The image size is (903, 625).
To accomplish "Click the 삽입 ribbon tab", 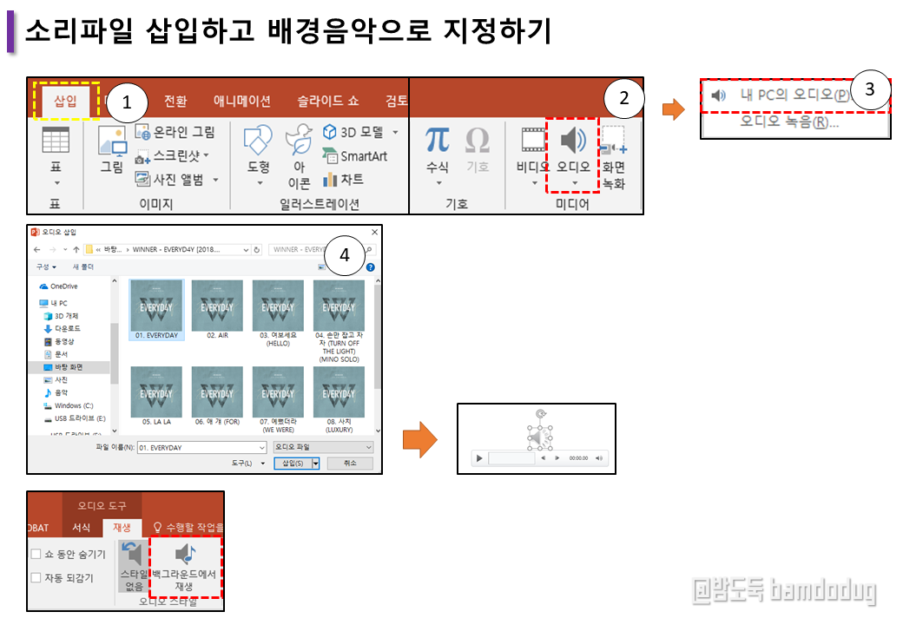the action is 66,101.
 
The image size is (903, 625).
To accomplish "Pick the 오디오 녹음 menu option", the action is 789,122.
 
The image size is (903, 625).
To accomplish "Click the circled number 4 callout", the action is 345,255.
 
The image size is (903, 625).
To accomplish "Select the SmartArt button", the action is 355,156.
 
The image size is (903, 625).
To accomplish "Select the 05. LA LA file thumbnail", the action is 156,392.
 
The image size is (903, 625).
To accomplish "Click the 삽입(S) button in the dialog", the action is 293,464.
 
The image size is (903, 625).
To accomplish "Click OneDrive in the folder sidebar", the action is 63,286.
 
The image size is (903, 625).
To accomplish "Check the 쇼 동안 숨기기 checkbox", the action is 36,554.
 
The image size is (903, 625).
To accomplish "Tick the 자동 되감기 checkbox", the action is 36,577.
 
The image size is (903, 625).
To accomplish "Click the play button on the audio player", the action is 479,457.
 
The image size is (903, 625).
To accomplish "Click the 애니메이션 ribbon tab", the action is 242,101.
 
